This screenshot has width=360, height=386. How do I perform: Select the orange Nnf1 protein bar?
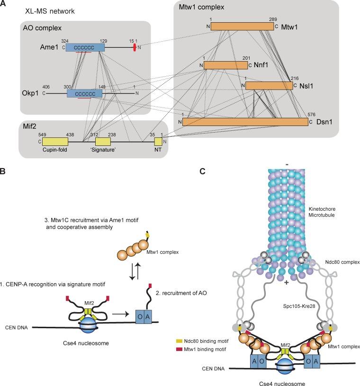pos(226,65)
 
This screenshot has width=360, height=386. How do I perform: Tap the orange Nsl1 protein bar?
pos(269,85)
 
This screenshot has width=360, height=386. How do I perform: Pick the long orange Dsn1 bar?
pos(245,122)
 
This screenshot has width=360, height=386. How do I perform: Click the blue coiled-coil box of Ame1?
pos(86,47)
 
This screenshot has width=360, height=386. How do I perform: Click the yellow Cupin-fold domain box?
pos(55,142)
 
